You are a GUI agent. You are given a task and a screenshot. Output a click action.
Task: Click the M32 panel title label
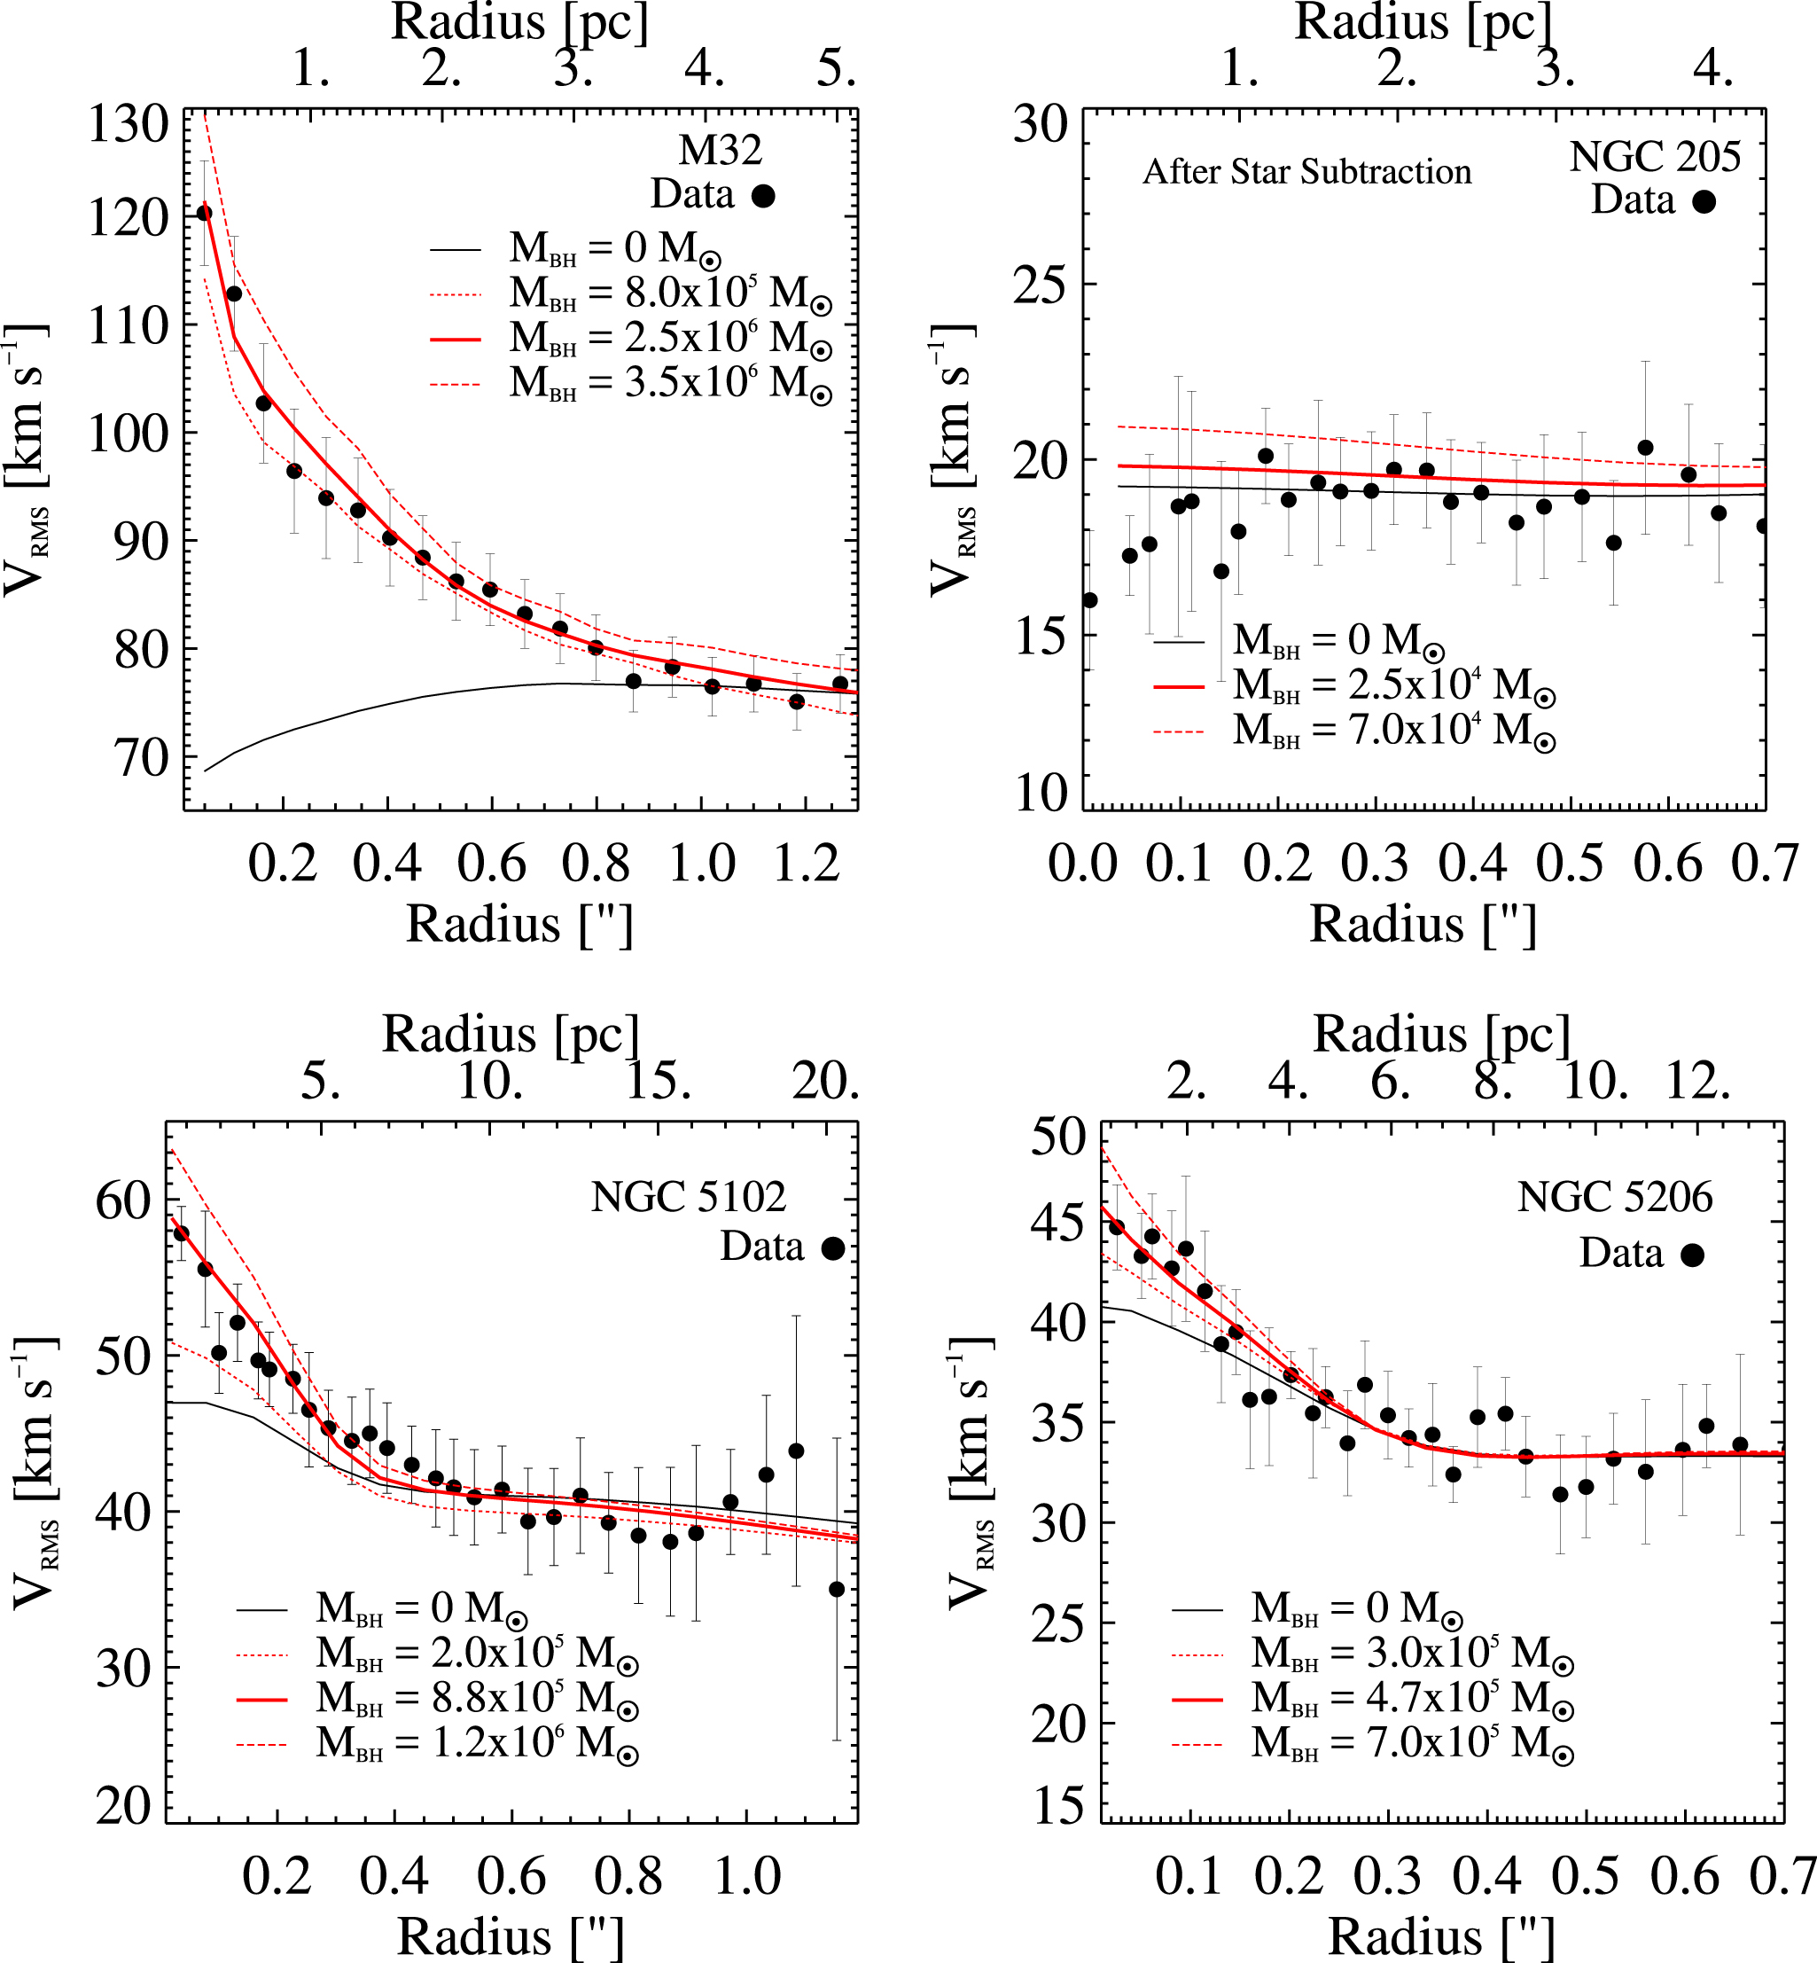pos(720,151)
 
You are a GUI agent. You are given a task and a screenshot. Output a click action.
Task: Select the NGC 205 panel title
pos(1655,156)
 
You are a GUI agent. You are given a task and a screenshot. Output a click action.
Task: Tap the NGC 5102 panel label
pos(689,1197)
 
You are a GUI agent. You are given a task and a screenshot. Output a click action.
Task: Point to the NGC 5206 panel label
pos(1614,1197)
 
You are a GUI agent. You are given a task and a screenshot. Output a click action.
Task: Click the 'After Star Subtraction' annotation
pos(1306,172)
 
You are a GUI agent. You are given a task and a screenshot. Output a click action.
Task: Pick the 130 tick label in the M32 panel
pos(128,125)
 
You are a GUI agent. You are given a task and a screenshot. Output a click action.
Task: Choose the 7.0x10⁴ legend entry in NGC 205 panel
pos(1394,730)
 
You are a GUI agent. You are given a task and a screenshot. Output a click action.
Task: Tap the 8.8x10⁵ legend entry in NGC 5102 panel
pos(477,1699)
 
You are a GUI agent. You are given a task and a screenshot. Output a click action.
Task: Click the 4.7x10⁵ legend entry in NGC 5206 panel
pos(1412,1699)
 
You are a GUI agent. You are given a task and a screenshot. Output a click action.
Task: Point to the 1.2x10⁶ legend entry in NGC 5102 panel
pos(477,1744)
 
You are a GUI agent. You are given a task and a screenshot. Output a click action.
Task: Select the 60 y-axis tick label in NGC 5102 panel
pos(122,1200)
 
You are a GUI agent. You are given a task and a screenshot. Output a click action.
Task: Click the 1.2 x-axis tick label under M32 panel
pos(807,864)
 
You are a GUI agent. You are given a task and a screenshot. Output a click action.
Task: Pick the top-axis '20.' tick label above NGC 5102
pos(825,1082)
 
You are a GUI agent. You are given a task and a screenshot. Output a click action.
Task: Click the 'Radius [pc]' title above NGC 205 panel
pos(1423,21)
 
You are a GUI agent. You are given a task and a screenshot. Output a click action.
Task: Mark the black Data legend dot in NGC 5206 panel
pos(1692,1255)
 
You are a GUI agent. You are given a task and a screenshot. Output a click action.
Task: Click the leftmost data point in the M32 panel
pos(205,213)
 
